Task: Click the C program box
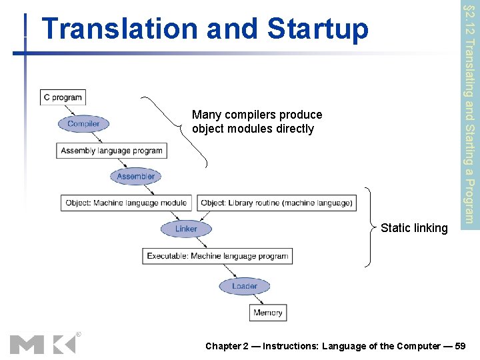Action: coord(63,97)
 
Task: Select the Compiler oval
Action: coord(83,123)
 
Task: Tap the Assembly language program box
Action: coord(111,151)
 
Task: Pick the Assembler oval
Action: coord(135,176)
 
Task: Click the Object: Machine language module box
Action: coord(127,203)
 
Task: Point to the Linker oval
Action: coord(186,229)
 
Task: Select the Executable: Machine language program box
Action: coord(217,255)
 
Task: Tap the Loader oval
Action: coord(244,286)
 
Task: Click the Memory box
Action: coord(268,312)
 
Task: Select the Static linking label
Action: coord(414,228)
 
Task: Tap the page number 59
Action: coord(460,346)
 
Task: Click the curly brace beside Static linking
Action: coord(369,228)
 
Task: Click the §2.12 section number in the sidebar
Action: coord(469,20)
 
